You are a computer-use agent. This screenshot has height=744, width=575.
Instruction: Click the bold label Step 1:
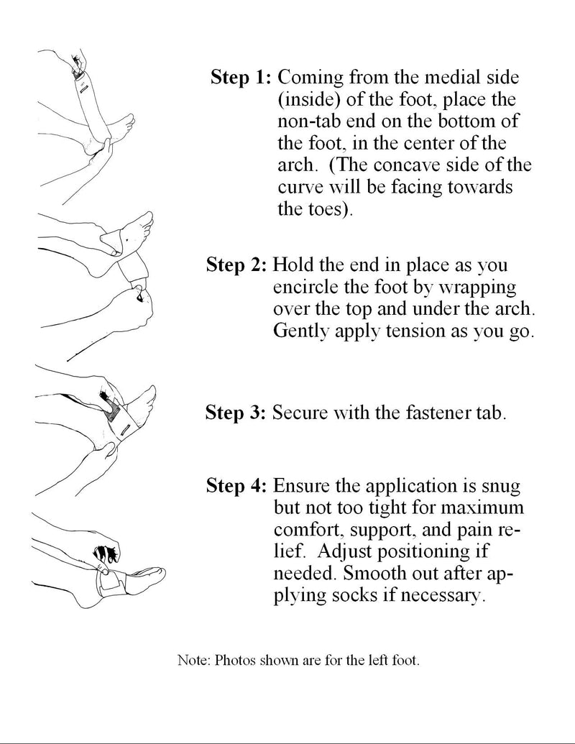(x=241, y=78)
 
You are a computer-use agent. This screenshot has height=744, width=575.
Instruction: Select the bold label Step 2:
(x=236, y=265)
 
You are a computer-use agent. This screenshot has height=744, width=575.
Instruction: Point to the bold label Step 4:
(x=237, y=486)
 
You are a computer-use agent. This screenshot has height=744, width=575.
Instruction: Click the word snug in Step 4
(x=500, y=486)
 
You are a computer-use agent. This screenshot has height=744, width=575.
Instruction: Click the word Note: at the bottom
(x=191, y=659)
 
